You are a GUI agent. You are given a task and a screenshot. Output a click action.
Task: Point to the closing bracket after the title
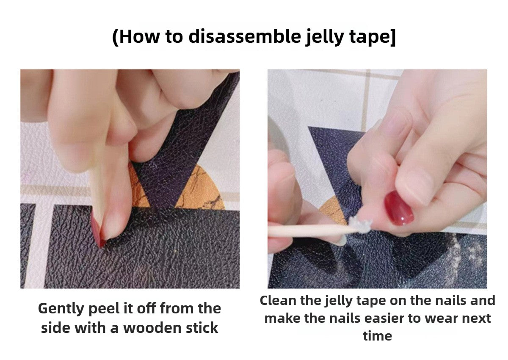392,37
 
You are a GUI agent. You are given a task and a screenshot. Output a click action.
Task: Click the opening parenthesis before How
115,37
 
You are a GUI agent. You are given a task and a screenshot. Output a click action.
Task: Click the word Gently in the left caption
61,308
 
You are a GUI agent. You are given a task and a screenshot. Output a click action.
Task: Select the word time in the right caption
377,336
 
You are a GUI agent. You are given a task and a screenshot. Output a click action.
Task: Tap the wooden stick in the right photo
305,230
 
